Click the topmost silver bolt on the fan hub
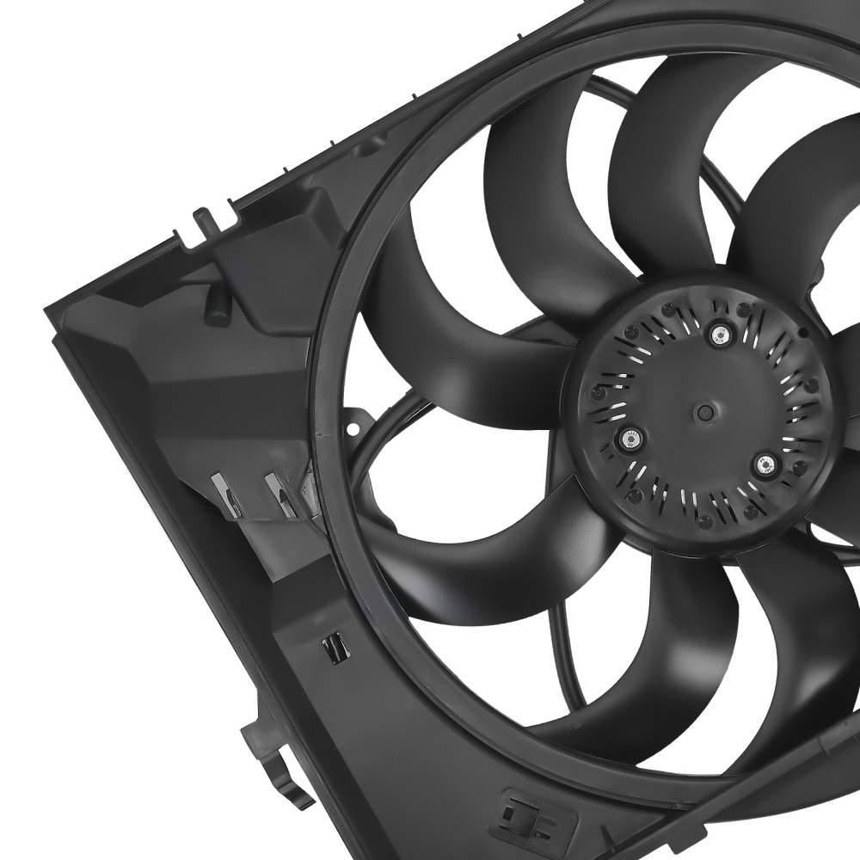(718, 335)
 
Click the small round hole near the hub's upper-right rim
(801, 331)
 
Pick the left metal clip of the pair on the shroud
(225, 497)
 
